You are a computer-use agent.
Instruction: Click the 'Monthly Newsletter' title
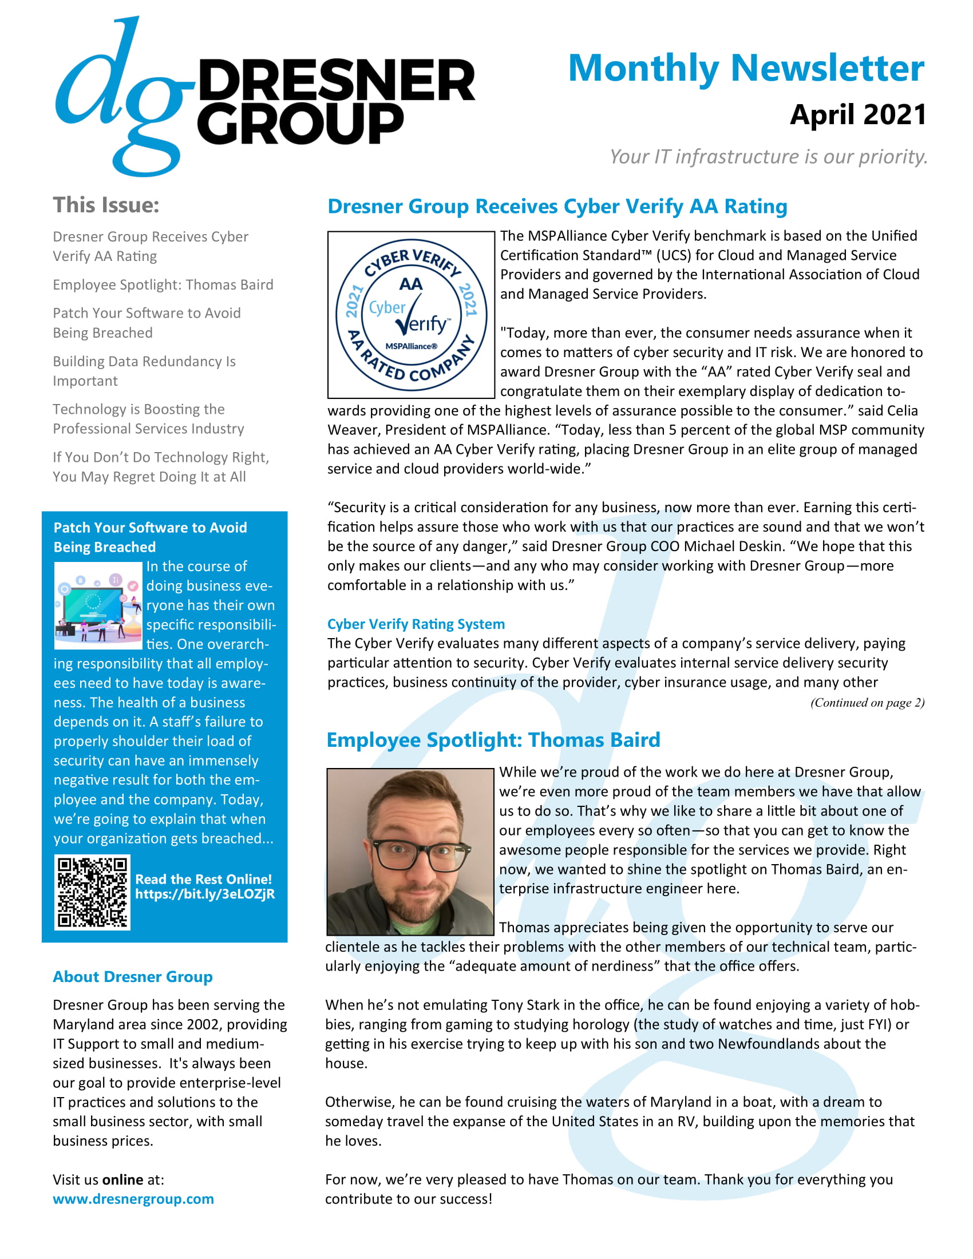746,68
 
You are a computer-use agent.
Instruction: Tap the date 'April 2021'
858,114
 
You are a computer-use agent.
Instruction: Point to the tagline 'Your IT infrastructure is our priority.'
768,156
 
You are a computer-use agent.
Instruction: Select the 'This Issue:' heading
106,205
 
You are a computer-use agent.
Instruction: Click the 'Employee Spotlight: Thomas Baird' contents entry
163,285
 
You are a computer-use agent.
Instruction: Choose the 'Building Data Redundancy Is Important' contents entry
144,371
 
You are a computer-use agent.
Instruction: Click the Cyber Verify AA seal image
411,315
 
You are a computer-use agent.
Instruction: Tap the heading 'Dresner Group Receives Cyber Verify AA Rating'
557,207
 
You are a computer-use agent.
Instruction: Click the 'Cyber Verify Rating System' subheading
416,624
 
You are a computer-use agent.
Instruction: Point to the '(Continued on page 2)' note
867,702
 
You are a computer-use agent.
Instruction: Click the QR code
92,892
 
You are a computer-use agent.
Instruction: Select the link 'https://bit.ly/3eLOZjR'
205,894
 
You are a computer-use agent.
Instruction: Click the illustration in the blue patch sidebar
98,605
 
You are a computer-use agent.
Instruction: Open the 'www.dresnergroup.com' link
133,1199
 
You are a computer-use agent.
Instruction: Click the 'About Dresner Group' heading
133,976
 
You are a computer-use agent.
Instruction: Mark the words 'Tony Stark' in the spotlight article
525,1005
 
